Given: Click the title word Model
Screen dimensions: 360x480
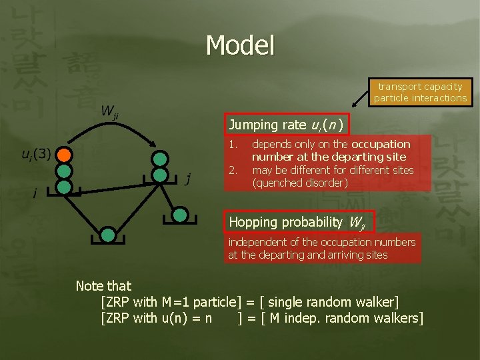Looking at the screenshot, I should click(240, 45).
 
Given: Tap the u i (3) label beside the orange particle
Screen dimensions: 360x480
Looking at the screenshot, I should click(36, 155).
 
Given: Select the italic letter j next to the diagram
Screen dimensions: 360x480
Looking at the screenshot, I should click(189, 178).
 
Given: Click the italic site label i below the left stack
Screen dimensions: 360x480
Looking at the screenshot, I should click(34, 194).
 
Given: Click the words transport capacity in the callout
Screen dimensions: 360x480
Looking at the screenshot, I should click(420, 87).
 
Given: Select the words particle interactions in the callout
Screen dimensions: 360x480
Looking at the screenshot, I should click(420, 98).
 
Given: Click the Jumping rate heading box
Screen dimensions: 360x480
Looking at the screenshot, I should click(285, 125).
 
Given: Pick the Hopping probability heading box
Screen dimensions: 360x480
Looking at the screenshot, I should click(299, 221).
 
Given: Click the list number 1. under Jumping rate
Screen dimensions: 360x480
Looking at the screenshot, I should click(232, 145).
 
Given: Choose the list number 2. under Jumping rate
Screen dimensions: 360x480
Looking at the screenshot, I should click(232, 170).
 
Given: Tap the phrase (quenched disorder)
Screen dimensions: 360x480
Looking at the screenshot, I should click(299, 183).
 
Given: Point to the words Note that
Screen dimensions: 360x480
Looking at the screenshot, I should click(103, 286).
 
